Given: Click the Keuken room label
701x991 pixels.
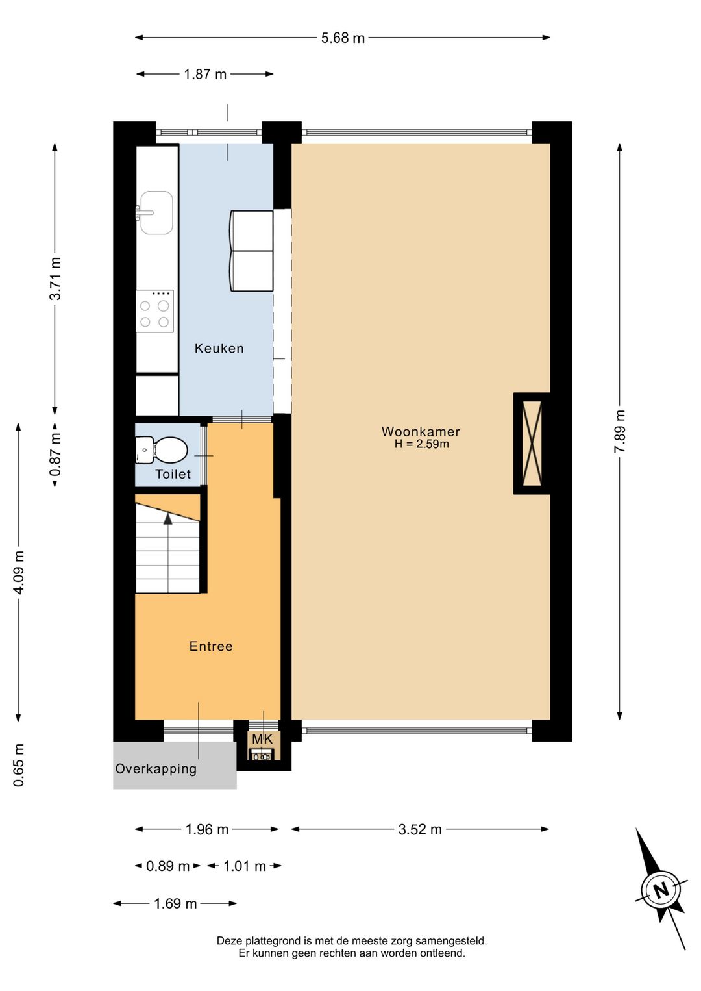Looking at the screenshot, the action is click(x=219, y=348).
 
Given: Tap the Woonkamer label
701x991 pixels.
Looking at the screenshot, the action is click(x=421, y=431).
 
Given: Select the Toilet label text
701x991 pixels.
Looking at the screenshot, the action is click(x=173, y=474).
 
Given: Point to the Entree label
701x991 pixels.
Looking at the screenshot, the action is click(x=211, y=646).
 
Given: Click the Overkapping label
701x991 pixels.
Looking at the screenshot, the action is click(x=156, y=769).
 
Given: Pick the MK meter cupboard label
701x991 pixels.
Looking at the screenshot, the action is click(x=263, y=739).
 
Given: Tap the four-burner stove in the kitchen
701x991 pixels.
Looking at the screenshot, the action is click(x=154, y=311).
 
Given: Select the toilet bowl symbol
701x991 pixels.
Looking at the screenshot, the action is click(x=162, y=450).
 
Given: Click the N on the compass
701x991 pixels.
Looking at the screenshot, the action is click(x=661, y=890).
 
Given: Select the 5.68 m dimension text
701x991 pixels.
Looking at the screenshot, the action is click(x=343, y=38).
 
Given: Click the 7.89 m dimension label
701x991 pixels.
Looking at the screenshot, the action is click(x=620, y=431).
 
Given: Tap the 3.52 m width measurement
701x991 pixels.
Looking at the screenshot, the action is click(x=420, y=829).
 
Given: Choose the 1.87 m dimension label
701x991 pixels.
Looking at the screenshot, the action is click(x=205, y=74).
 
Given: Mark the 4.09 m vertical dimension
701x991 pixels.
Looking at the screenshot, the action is click(x=19, y=573).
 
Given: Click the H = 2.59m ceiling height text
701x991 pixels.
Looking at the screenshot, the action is click(x=421, y=444).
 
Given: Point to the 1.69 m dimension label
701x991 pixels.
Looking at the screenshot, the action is click(x=175, y=903).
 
